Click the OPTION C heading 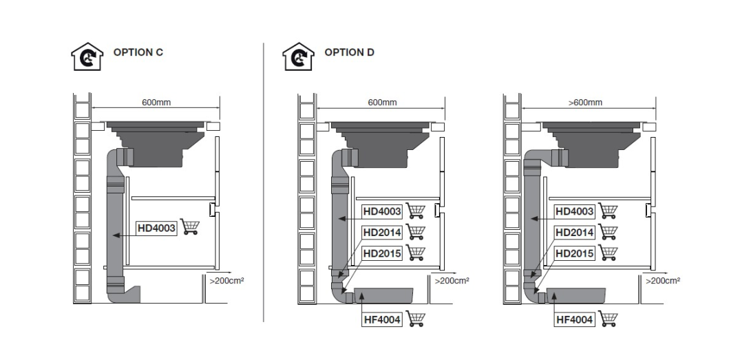pos(138,52)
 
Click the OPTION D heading pos(349,52)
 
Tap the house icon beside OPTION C pos(87,56)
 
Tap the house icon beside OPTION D pos(298,56)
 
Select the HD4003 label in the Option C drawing pos(157,229)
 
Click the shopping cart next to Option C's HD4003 pos(190,227)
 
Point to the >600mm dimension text pos(585,103)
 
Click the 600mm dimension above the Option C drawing pos(156,103)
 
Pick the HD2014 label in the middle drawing pos(382,233)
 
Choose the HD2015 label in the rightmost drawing pos(574,253)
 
